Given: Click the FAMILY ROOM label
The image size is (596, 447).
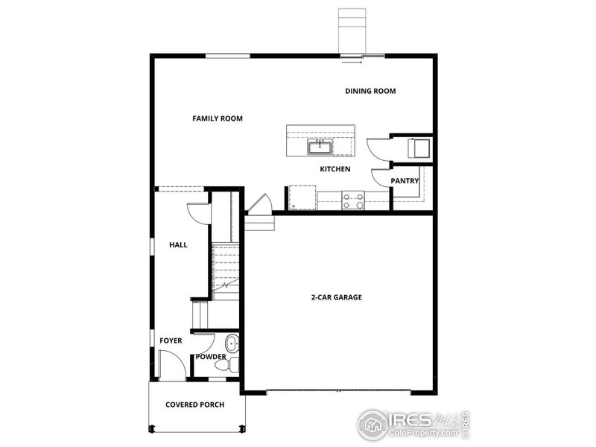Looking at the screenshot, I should tap(217, 118).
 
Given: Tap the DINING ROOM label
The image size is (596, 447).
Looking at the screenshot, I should tap(370, 92).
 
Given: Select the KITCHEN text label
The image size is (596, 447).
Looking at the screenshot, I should tap(335, 170).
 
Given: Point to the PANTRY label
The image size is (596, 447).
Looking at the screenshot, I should tap(405, 180).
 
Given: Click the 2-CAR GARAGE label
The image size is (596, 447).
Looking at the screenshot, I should tap(337, 297).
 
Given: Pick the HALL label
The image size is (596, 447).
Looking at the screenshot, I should tap(178, 244).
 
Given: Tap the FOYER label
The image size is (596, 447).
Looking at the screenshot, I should tap(171, 341).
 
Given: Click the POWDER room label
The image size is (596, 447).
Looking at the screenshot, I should tap(211, 357).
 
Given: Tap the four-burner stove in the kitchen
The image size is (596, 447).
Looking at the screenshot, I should tap(352, 200).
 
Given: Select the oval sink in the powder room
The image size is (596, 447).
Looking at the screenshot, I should tap(231, 344).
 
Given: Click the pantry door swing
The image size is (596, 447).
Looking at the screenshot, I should tap(382, 178).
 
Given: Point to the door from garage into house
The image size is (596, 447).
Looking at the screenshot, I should tap(259, 204).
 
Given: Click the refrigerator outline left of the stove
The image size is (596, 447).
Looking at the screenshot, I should tap(302, 197).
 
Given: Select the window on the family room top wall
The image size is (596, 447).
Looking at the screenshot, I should tap(227, 55).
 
